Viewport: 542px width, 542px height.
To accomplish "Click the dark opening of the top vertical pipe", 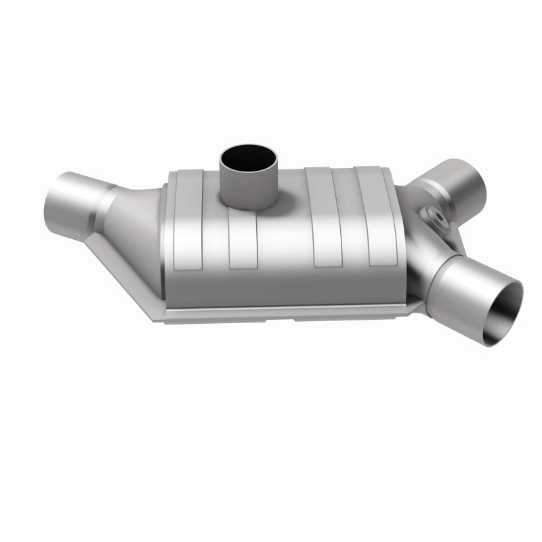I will pos(249,157).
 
